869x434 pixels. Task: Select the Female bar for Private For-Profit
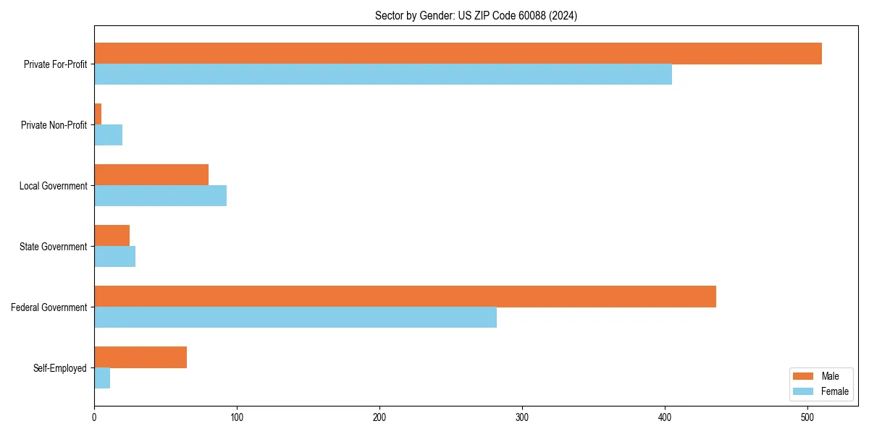pyautogui.click(x=383, y=75)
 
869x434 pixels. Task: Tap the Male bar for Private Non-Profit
pyautogui.click(x=98, y=114)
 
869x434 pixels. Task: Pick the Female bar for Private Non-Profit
pyautogui.click(x=109, y=135)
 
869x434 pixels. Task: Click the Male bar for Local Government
pyautogui.click(x=151, y=175)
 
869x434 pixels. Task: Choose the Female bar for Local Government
pyautogui.click(x=160, y=196)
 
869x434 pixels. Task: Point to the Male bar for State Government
pyautogui.click(x=112, y=236)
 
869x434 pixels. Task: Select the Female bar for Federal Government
pyautogui.click(x=295, y=318)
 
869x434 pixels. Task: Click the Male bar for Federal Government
pyautogui.click(x=405, y=297)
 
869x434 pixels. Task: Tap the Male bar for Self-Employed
pyautogui.click(x=140, y=357)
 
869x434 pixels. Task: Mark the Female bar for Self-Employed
pyautogui.click(x=102, y=378)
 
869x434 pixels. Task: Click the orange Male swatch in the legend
pyautogui.click(x=804, y=376)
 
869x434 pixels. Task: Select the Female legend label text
pyautogui.click(x=835, y=391)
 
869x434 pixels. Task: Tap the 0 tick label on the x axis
pyautogui.click(x=94, y=417)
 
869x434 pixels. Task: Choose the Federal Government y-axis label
pyautogui.click(x=49, y=307)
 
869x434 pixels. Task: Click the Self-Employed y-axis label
pyautogui.click(x=59, y=368)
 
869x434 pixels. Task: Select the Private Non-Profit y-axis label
pyautogui.click(x=54, y=125)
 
